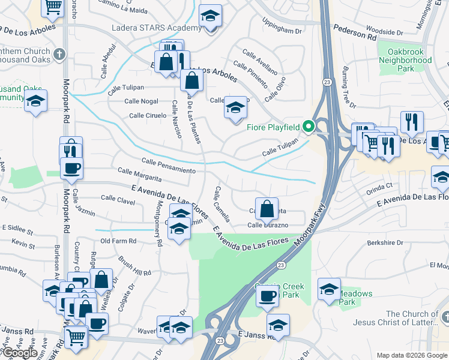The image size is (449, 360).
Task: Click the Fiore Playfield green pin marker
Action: pyautogui.click(x=309, y=126)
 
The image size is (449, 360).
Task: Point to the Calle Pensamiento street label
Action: pyautogui.click(x=169, y=166)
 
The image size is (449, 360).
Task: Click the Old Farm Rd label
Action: pyautogui.click(x=118, y=241)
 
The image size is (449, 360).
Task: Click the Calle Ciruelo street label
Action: pyautogui.click(x=148, y=115)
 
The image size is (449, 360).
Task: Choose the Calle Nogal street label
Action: pyautogui.click(x=142, y=101)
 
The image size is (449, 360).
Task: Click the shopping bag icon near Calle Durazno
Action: pyautogui.click(x=267, y=209)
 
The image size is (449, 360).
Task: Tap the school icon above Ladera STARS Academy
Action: pyautogui.click(x=210, y=16)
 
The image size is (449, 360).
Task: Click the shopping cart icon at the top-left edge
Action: pyautogui.click(x=53, y=7)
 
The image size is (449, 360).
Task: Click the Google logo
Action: pyautogui.click(x=19, y=353)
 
